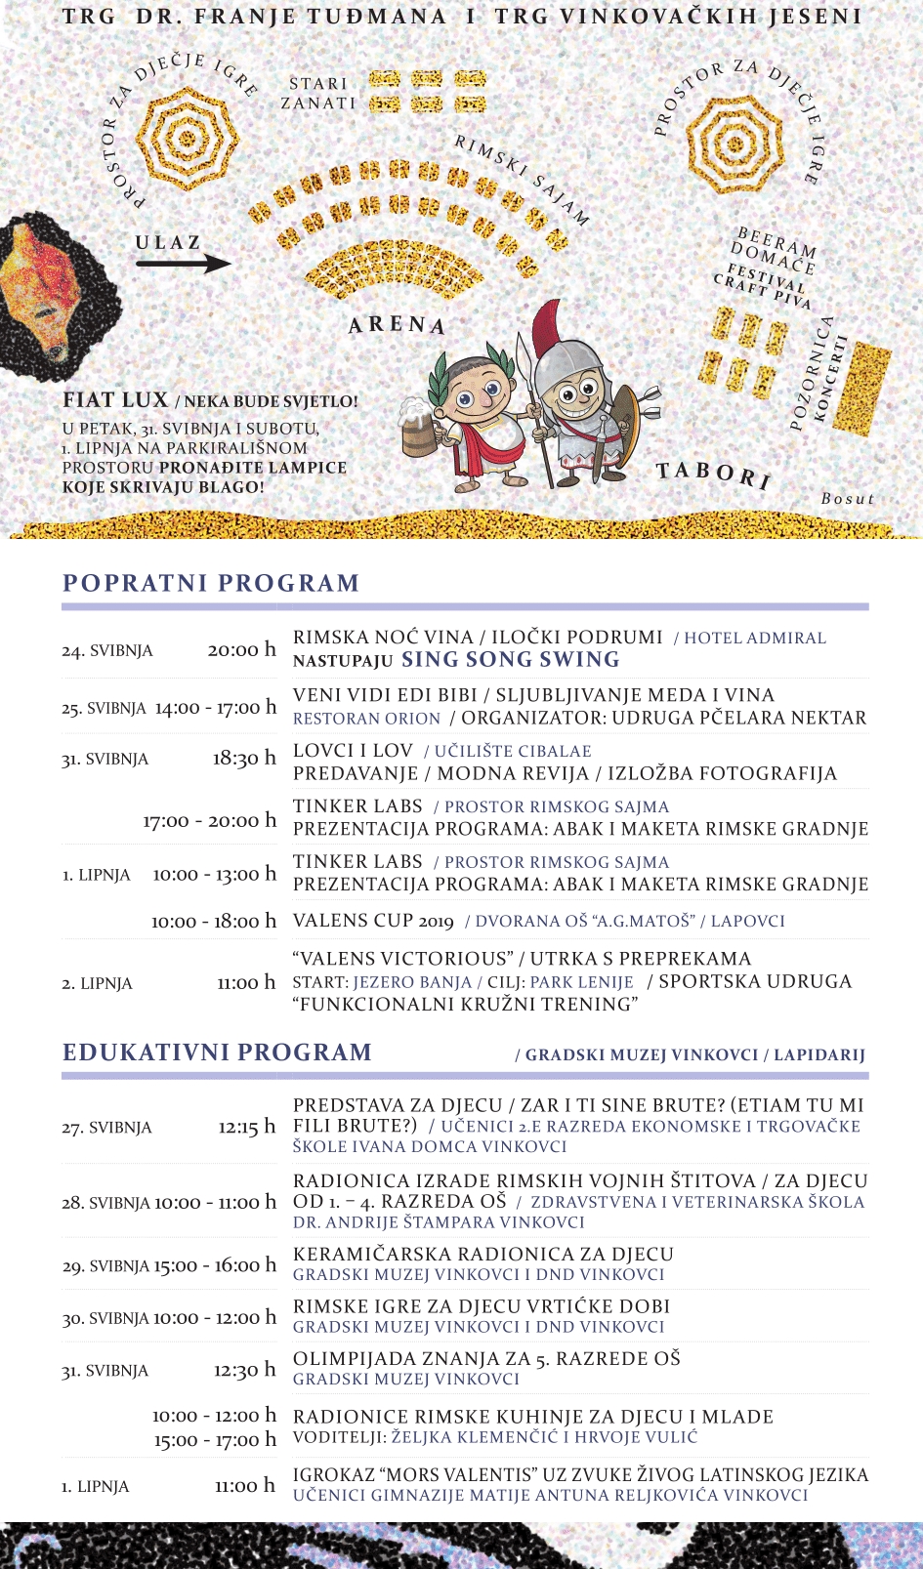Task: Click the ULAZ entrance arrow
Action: click(183, 263)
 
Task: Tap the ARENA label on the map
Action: click(397, 324)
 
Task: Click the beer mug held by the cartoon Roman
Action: click(418, 427)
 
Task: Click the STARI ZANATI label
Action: click(318, 94)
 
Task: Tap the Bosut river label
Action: click(847, 499)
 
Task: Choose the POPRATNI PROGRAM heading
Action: click(211, 583)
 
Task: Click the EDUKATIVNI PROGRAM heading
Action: click(217, 1053)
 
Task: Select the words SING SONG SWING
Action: click(511, 660)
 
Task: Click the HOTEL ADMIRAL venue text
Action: click(754, 639)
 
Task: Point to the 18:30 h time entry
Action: click(244, 759)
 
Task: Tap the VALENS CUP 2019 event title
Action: click(373, 921)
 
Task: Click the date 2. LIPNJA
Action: click(97, 983)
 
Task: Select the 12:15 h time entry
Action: click(246, 1127)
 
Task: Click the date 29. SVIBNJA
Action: click(105, 1266)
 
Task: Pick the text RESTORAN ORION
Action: click(366, 719)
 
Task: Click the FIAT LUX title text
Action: click(115, 400)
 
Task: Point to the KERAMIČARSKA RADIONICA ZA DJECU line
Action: click(483, 1255)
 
